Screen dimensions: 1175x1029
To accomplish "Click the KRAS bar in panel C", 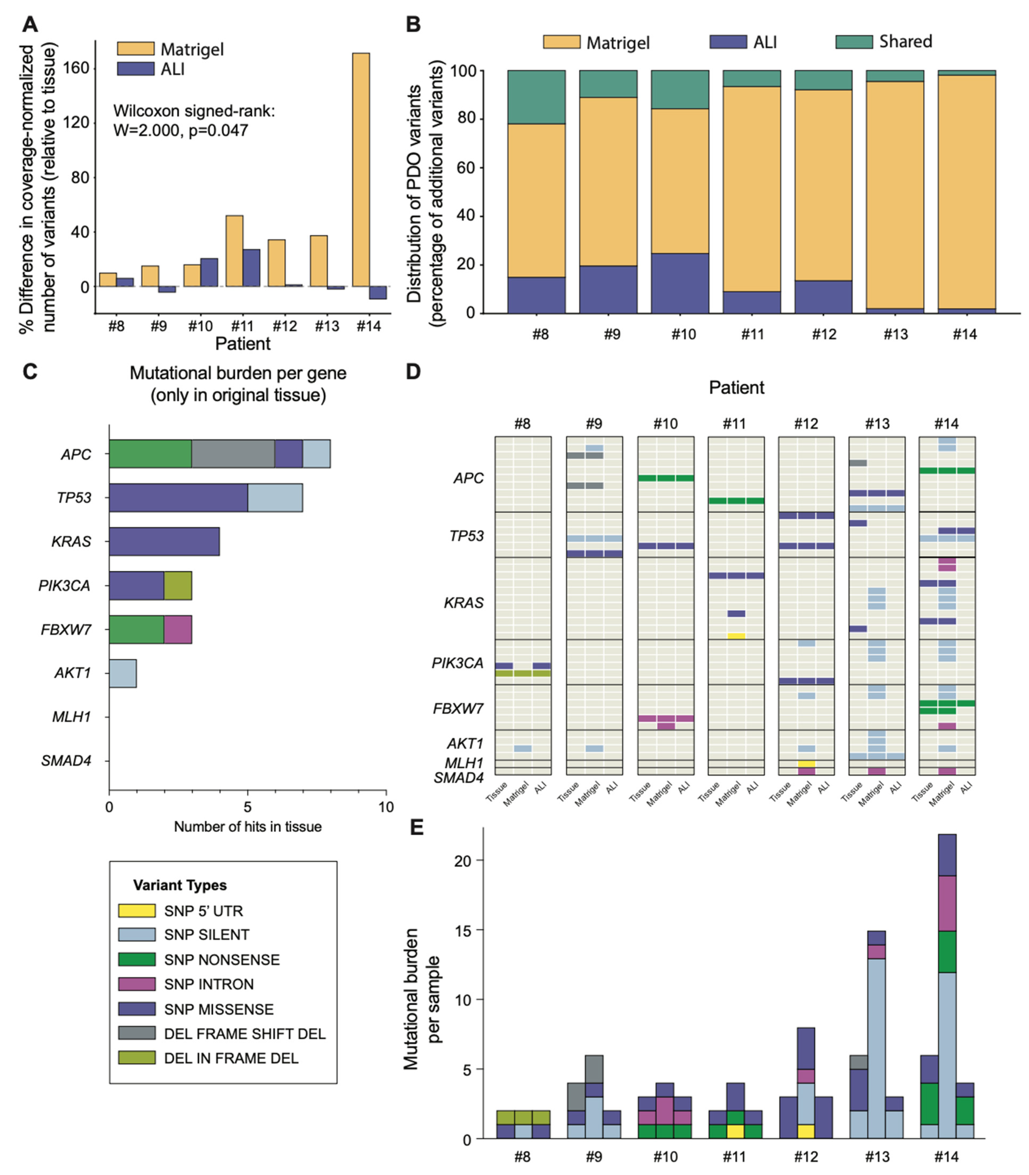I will (x=164, y=541).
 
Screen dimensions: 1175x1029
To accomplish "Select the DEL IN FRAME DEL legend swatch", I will (x=137, y=1058).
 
